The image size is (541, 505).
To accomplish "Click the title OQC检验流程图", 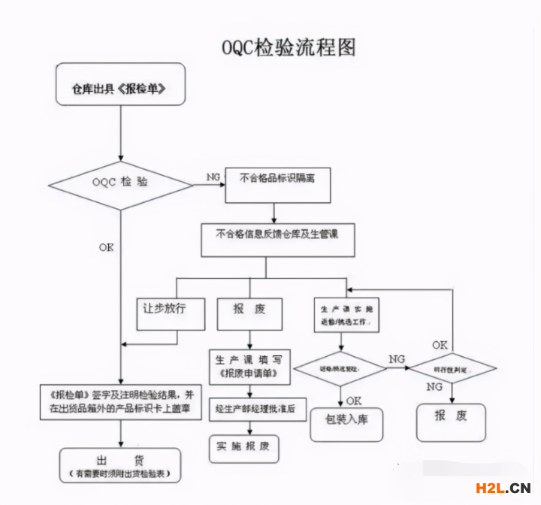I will tap(289, 47).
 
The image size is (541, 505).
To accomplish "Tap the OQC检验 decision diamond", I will tap(120, 183).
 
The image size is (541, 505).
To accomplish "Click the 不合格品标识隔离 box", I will tap(278, 183).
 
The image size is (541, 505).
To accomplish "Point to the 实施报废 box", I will tap(243, 446).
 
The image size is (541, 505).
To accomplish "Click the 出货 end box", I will tap(120, 464).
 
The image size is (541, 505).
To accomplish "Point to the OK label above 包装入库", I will tap(354, 401).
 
